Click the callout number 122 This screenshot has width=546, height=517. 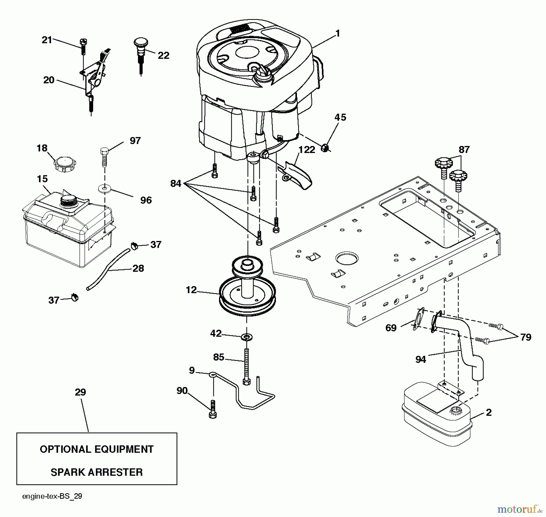coord(307,150)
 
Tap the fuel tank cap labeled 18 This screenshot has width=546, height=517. coord(65,164)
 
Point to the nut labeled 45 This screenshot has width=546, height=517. coord(325,148)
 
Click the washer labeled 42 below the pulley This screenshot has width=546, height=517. coord(247,337)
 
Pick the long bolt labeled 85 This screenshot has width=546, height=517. coord(246,367)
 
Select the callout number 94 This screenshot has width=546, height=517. coord(420,359)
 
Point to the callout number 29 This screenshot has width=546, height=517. coord(80,392)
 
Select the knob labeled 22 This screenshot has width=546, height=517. coord(140,45)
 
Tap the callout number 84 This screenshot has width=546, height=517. coord(176,183)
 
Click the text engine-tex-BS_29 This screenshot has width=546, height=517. coord(52,496)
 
